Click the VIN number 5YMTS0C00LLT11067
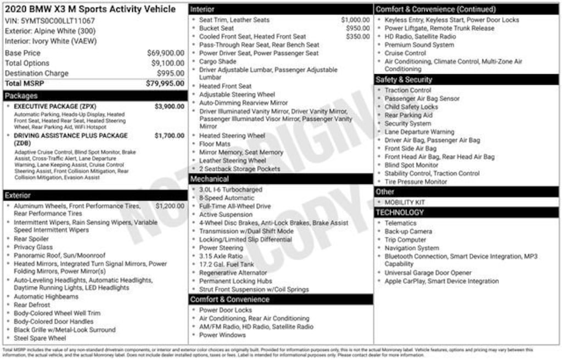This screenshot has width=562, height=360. pyautogui.click(x=49, y=21)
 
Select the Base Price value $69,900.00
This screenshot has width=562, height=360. pyautogui.click(x=165, y=53)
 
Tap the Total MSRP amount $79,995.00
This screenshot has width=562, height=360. pyautogui.click(x=165, y=83)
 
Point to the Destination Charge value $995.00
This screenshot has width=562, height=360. pyautogui.click(x=171, y=73)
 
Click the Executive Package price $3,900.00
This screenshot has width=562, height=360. pyautogui.click(x=169, y=106)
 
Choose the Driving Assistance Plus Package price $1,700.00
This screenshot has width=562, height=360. pyautogui.click(x=169, y=136)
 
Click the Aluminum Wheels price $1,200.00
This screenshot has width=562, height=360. pyautogui.click(x=170, y=206)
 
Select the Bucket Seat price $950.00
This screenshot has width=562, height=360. pyautogui.click(x=358, y=28)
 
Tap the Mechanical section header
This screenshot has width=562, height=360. pyautogui.click(x=210, y=179)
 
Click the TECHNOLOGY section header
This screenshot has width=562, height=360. pyautogui.click(x=400, y=212)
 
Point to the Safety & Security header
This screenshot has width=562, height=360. pyautogui.click(x=404, y=80)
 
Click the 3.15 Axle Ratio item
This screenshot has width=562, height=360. pyautogui.click(x=221, y=256)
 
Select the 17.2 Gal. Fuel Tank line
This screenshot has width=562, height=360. pyautogui.click(x=227, y=265)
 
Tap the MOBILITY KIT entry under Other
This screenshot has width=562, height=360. pyautogui.click(x=404, y=202)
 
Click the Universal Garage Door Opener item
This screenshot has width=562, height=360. pyautogui.click(x=428, y=273)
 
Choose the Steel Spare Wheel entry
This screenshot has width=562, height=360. pyautogui.click(x=40, y=338)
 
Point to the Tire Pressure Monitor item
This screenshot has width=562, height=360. pyautogui.click(x=415, y=182)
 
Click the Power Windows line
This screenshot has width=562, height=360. pyautogui.click(x=222, y=335)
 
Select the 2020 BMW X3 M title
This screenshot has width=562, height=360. pyautogui.click(x=90, y=9)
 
